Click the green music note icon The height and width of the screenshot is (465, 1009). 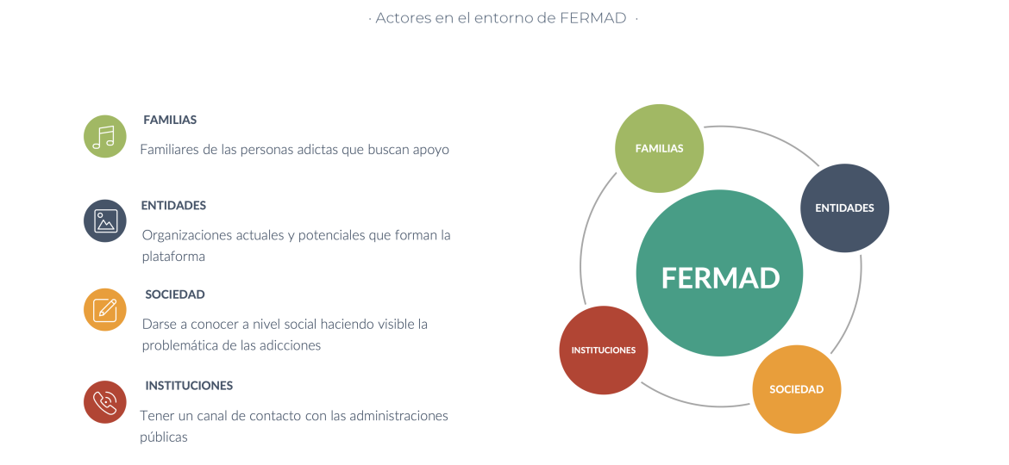pyautogui.click(x=105, y=136)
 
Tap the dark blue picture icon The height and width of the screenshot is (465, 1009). pyautogui.click(x=105, y=221)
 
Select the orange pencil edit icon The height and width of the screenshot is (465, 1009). pyautogui.click(x=105, y=310)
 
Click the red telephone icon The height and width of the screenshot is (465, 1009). pyautogui.click(x=105, y=402)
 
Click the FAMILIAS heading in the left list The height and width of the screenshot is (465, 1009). pyautogui.click(x=170, y=120)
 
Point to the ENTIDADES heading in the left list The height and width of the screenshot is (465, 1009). pyautogui.click(x=173, y=206)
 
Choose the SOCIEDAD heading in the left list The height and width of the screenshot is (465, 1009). pyautogui.click(x=175, y=294)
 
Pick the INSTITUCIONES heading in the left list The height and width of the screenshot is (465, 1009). pyautogui.click(x=189, y=386)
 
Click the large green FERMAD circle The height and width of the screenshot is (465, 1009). pyautogui.click(x=719, y=273)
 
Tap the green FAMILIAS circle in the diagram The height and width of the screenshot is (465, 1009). pyautogui.click(x=660, y=148)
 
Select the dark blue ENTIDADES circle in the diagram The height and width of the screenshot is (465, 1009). pyautogui.click(x=845, y=208)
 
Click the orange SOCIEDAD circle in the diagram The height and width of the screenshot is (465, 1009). pyautogui.click(x=797, y=389)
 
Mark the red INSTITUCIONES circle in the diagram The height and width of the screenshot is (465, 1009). pyautogui.click(x=604, y=350)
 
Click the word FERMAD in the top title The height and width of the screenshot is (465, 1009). pyautogui.click(x=593, y=18)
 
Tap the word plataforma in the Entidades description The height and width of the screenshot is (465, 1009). pyautogui.click(x=173, y=257)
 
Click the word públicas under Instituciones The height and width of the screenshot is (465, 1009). pyautogui.click(x=164, y=437)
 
